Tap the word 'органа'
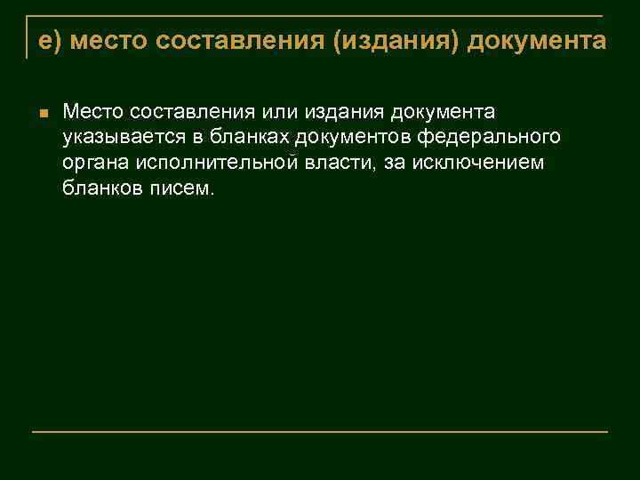coord(92,164)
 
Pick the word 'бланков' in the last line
coord(100,188)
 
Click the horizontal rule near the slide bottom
coord(320,431)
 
